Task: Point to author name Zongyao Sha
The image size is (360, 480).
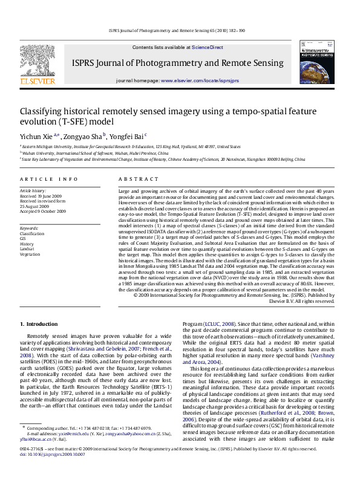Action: tap(83, 137)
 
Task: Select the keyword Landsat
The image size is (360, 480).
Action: tap(27, 248)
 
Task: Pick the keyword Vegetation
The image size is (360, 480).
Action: tap(30, 254)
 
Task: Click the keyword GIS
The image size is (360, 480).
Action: tap(24, 238)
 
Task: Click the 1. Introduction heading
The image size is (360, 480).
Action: tap(39, 325)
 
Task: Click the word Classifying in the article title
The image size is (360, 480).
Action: tap(42, 112)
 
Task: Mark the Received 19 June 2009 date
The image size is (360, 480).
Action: tap(41, 196)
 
